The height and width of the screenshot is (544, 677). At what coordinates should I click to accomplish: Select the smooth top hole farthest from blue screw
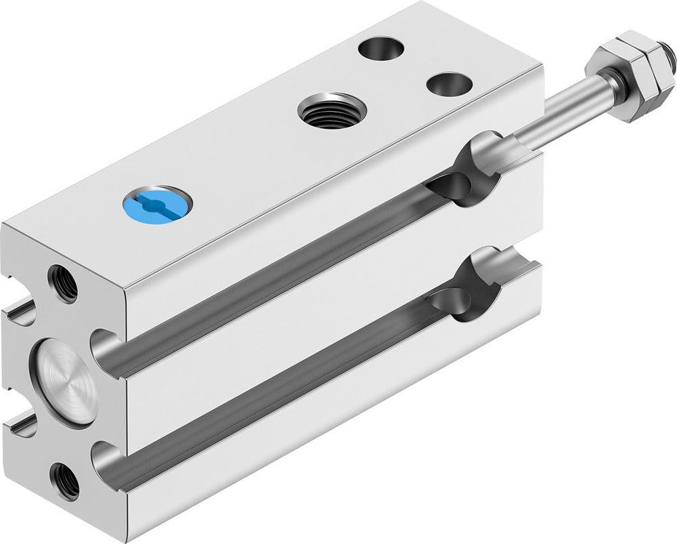[x=381, y=48]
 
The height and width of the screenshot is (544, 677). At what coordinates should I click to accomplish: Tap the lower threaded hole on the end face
[x=64, y=482]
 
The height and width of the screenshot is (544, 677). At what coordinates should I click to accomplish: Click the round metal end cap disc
[x=66, y=381]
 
